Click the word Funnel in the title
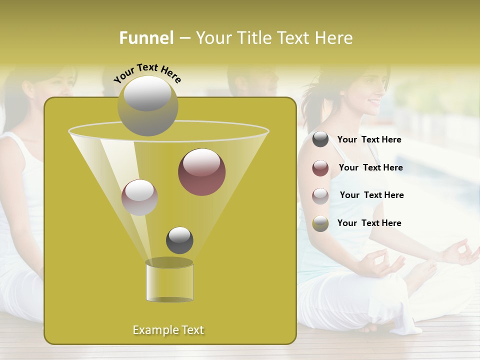[x=146, y=38]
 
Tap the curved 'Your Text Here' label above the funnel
[x=147, y=73]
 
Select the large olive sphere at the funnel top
[x=147, y=105]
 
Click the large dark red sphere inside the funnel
[x=201, y=172]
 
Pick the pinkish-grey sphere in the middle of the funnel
[x=140, y=197]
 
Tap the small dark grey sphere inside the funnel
[x=179, y=240]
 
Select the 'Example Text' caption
[x=168, y=330]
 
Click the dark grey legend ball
[x=320, y=139]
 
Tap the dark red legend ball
[x=320, y=168]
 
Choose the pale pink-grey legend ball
[x=320, y=195]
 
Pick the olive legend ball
[x=320, y=223]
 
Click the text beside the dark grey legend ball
[x=369, y=140]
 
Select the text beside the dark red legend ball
[x=370, y=168]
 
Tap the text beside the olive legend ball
[x=369, y=223]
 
